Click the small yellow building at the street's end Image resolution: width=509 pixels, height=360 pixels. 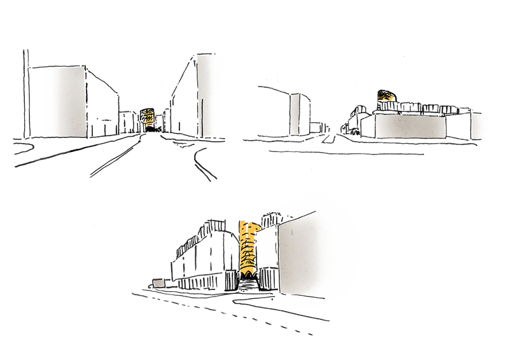[148, 117]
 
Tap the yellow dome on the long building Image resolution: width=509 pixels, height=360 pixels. [384, 95]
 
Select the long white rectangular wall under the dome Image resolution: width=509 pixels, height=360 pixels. [410, 125]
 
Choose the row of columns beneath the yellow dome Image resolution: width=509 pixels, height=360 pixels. [420, 109]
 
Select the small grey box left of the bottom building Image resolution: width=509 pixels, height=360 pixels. [157, 282]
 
